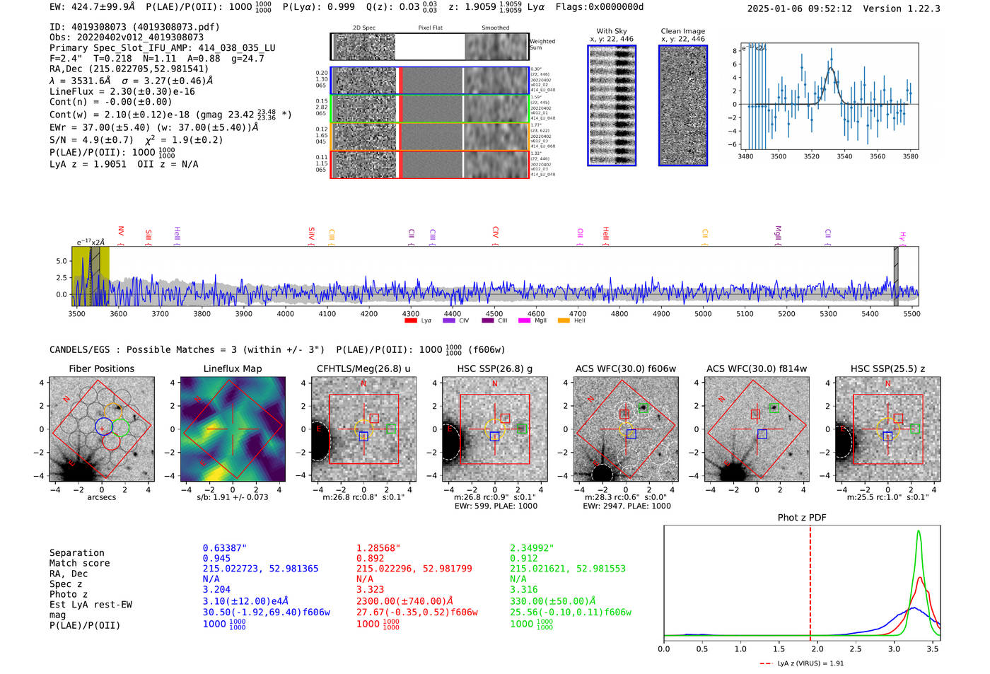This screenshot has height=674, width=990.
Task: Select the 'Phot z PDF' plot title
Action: pos(802,518)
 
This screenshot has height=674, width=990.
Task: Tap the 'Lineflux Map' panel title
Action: pos(232,368)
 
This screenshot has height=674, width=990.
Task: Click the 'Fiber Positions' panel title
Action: pos(101,368)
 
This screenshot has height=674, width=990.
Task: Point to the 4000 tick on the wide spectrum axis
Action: pos(285,314)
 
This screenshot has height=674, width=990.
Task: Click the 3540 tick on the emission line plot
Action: pos(844,156)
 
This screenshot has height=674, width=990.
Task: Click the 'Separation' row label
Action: pos(76,553)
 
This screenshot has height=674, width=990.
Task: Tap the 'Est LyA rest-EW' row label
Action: pos(91,605)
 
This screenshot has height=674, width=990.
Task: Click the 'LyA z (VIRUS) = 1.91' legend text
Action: pos(810,663)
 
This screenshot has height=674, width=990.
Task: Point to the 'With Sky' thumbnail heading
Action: pos(612,31)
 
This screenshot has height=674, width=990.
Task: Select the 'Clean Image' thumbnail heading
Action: pos(683,31)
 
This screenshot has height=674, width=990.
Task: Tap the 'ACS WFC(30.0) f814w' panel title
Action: pos(756,368)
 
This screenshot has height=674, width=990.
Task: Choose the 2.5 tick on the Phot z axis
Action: pos(856,649)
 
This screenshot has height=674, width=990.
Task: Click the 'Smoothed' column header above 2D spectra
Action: pos(495,28)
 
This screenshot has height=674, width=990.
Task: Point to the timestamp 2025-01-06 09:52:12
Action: pos(799,8)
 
